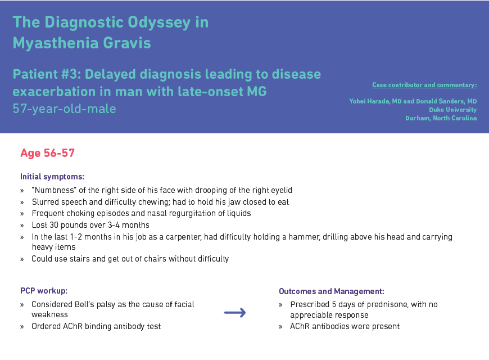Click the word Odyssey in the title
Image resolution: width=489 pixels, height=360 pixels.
(159, 23)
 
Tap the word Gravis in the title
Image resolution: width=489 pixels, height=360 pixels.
(127, 43)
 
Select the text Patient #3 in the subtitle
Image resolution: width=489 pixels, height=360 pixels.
(47, 74)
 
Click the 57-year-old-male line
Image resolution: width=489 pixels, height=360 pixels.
(64, 109)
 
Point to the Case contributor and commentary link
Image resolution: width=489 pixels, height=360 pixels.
(424, 85)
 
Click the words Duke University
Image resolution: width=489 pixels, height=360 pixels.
(453, 110)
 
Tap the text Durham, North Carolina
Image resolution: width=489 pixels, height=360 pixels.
(441, 118)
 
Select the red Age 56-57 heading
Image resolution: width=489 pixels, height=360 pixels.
(47, 153)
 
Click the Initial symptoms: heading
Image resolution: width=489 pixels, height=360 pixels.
(52, 177)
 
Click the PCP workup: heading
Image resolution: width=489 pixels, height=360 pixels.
(44, 291)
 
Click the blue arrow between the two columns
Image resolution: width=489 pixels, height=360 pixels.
(235, 313)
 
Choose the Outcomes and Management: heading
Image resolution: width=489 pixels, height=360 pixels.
(332, 291)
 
